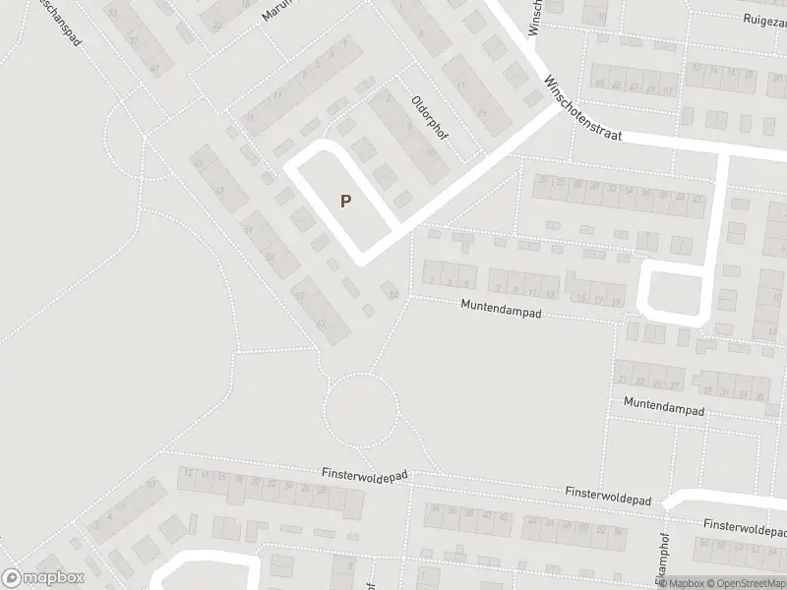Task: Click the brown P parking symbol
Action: click(345, 201)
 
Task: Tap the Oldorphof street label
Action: click(430, 117)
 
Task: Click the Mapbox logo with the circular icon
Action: click(42, 578)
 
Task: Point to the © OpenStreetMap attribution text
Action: click(745, 582)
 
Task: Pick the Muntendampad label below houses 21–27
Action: click(664, 404)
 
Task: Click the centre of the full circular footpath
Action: click(361, 407)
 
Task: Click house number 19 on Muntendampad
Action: click(617, 299)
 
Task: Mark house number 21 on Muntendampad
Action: click(622, 381)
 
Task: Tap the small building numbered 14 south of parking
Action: click(393, 294)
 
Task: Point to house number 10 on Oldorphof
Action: click(432, 152)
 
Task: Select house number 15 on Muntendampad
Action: click(581, 298)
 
